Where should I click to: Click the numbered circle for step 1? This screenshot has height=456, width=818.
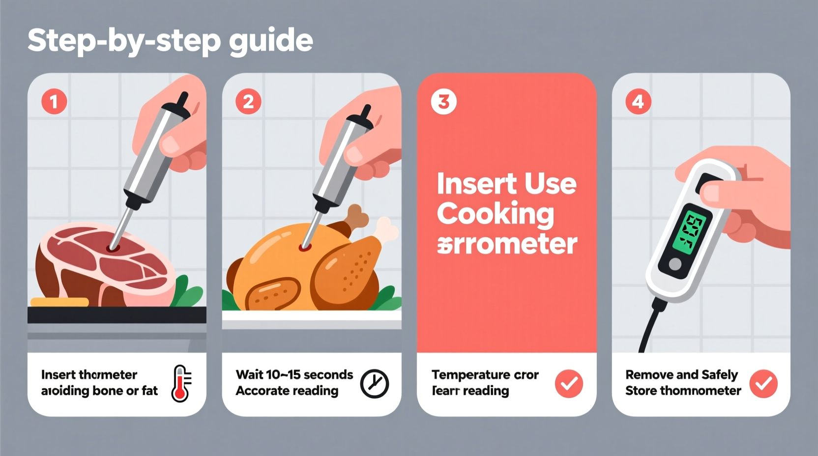pyautogui.click(x=54, y=102)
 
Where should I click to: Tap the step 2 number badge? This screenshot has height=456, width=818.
pyautogui.click(x=248, y=102)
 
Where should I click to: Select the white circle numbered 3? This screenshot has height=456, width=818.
pyautogui.click(x=443, y=102)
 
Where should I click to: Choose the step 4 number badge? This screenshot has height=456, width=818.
pyautogui.click(x=638, y=102)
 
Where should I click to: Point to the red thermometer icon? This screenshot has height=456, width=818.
pyautogui.click(x=181, y=384)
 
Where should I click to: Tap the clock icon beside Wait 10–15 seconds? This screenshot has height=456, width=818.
pyautogui.click(x=375, y=384)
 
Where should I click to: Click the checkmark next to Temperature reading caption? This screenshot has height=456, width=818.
pyautogui.click(x=569, y=384)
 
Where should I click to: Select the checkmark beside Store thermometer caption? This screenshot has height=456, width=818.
pyautogui.click(x=763, y=384)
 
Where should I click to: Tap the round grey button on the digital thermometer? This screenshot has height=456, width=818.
pyautogui.click(x=675, y=264)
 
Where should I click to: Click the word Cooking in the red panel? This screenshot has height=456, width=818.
pyautogui.click(x=495, y=214)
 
